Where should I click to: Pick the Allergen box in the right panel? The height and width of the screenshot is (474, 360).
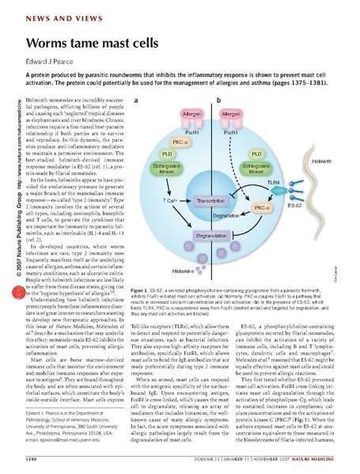pyautogui.click(x=231, y=116)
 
